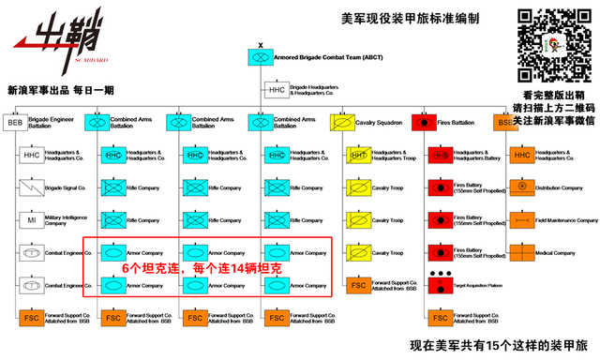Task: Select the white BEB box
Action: coord(14,122)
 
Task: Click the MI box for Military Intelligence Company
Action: coord(31,220)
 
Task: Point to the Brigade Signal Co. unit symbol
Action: coord(31,187)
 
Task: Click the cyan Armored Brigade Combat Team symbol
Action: coord(258,58)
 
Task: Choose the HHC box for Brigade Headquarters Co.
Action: coord(276,90)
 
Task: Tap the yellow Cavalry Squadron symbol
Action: coord(342,122)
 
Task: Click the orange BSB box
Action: coord(505,122)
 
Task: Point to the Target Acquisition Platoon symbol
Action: coord(439,284)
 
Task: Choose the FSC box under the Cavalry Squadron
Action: coord(357,285)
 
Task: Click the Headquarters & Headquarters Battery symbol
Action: coord(439,155)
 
